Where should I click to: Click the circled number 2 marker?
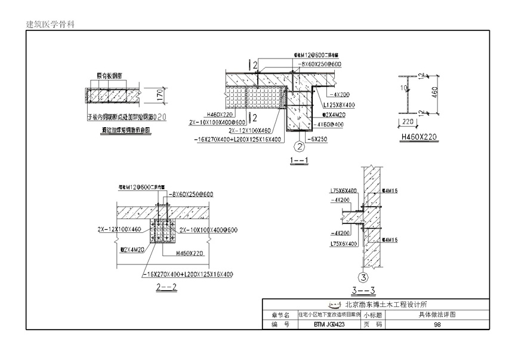pos(297,144)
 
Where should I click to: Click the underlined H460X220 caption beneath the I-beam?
pos(418,137)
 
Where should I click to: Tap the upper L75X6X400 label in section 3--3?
pos(343,191)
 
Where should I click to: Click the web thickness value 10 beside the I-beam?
pos(404,87)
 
